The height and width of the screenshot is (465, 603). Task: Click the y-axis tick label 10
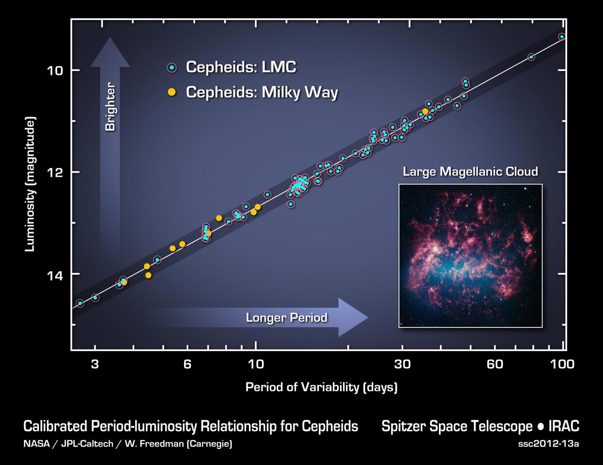click(x=55, y=71)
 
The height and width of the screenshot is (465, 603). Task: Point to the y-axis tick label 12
click(x=55, y=173)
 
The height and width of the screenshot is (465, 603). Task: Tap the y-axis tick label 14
click(x=55, y=275)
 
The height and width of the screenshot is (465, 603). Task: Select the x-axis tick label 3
click(x=95, y=364)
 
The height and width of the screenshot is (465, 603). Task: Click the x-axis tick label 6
click(x=187, y=364)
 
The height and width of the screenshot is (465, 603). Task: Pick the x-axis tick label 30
click(x=402, y=364)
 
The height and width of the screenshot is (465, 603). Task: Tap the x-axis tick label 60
click(x=495, y=364)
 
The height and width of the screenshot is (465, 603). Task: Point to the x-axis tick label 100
click(x=562, y=364)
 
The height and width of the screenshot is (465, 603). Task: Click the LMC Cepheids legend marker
click(x=172, y=67)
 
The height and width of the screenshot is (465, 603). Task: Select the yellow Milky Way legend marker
click(x=172, y=92)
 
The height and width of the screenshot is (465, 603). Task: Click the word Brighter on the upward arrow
click(x=110, y=107)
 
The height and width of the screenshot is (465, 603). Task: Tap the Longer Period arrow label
click(x=286, y=317)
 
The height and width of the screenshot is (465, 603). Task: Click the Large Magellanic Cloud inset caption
click(x=470, y=171)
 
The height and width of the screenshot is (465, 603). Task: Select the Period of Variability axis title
click(x=321, y=387)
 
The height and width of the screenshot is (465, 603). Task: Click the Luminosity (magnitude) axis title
click(x=30, y=184)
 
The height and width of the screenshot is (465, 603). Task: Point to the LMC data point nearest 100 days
click(x=562, y=36)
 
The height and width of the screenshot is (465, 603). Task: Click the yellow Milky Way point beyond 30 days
click(x=425, y=111)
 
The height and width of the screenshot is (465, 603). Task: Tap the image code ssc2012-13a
click(x=548, y=444)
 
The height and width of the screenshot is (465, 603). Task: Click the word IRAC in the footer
click(x=564, y=427)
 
